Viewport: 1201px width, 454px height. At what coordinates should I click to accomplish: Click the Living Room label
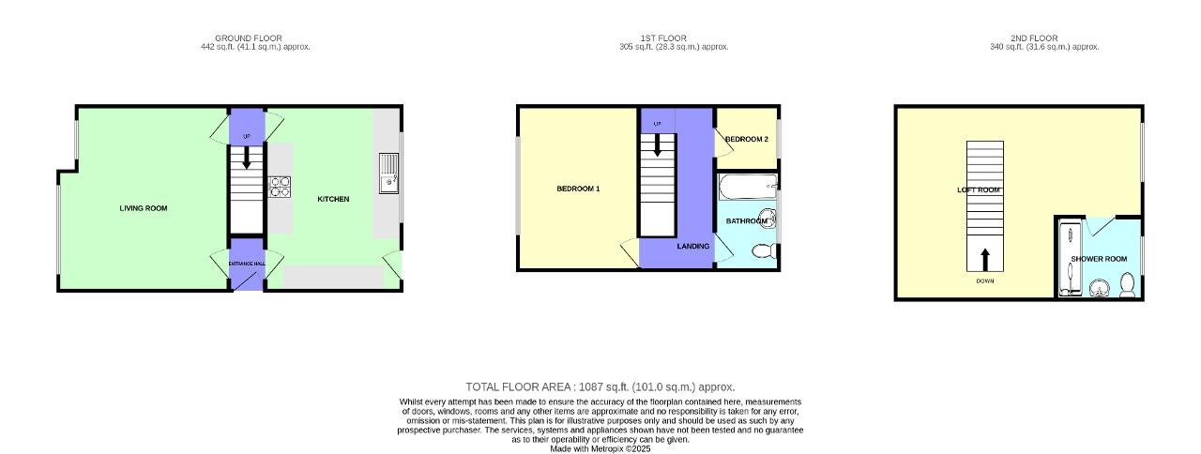click(144, 208)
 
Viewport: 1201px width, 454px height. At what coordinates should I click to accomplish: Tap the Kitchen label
click(333, 199)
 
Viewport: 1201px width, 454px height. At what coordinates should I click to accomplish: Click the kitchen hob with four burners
click(280, 187)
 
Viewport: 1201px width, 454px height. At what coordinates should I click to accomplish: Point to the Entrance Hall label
click(247, 264)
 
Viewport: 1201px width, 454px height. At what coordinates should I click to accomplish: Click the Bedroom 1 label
click(578, 189)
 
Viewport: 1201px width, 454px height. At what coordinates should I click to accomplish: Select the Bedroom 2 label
click(747, 139)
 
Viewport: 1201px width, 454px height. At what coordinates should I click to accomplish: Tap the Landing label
click(693, 247)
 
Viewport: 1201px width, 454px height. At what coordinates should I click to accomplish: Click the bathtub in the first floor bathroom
click(747, 186)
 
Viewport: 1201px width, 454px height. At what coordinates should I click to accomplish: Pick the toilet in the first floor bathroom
click(764, 250)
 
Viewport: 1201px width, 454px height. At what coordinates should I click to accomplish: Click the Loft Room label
click(979, 189)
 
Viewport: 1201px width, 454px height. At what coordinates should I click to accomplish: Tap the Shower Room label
click(1099, 258)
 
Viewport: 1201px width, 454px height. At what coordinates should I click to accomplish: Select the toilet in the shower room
click(1128, 283)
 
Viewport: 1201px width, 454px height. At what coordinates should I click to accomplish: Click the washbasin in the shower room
click(1099, 287)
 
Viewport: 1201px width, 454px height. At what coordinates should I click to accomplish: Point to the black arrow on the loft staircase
click(984, 257)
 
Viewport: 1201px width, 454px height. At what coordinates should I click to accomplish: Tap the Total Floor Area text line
click(600, 386)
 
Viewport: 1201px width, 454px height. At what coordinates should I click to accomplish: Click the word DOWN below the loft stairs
click(984, 281)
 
